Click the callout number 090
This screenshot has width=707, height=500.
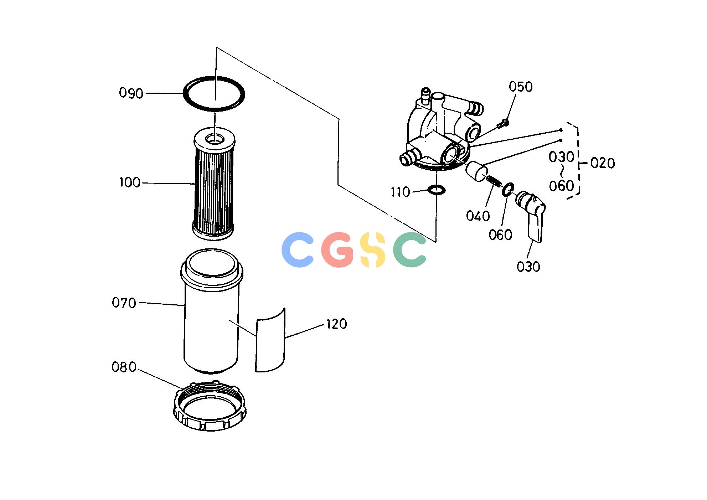[x=131, y=93]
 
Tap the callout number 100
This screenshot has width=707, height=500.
[x=130, y=182]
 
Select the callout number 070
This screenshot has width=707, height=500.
[x=124, y=303]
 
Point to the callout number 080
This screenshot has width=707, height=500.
[x=124, y=367]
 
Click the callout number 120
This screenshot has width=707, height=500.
[x=336, y=324]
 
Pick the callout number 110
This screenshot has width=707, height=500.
[x=401, y=192]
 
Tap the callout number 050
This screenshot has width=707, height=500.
[x=521, y=87]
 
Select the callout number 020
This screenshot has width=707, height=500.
[x=603, y=163]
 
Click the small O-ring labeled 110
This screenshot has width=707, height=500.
[x=436, y=190]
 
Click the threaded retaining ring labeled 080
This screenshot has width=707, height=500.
[x=210, y=406]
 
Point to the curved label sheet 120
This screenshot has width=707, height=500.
[x=271, y=340]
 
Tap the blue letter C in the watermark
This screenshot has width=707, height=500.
[x=297, y=249]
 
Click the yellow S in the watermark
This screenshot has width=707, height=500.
[x=373, y=249]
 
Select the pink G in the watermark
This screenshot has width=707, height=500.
[x=337, y=249]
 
